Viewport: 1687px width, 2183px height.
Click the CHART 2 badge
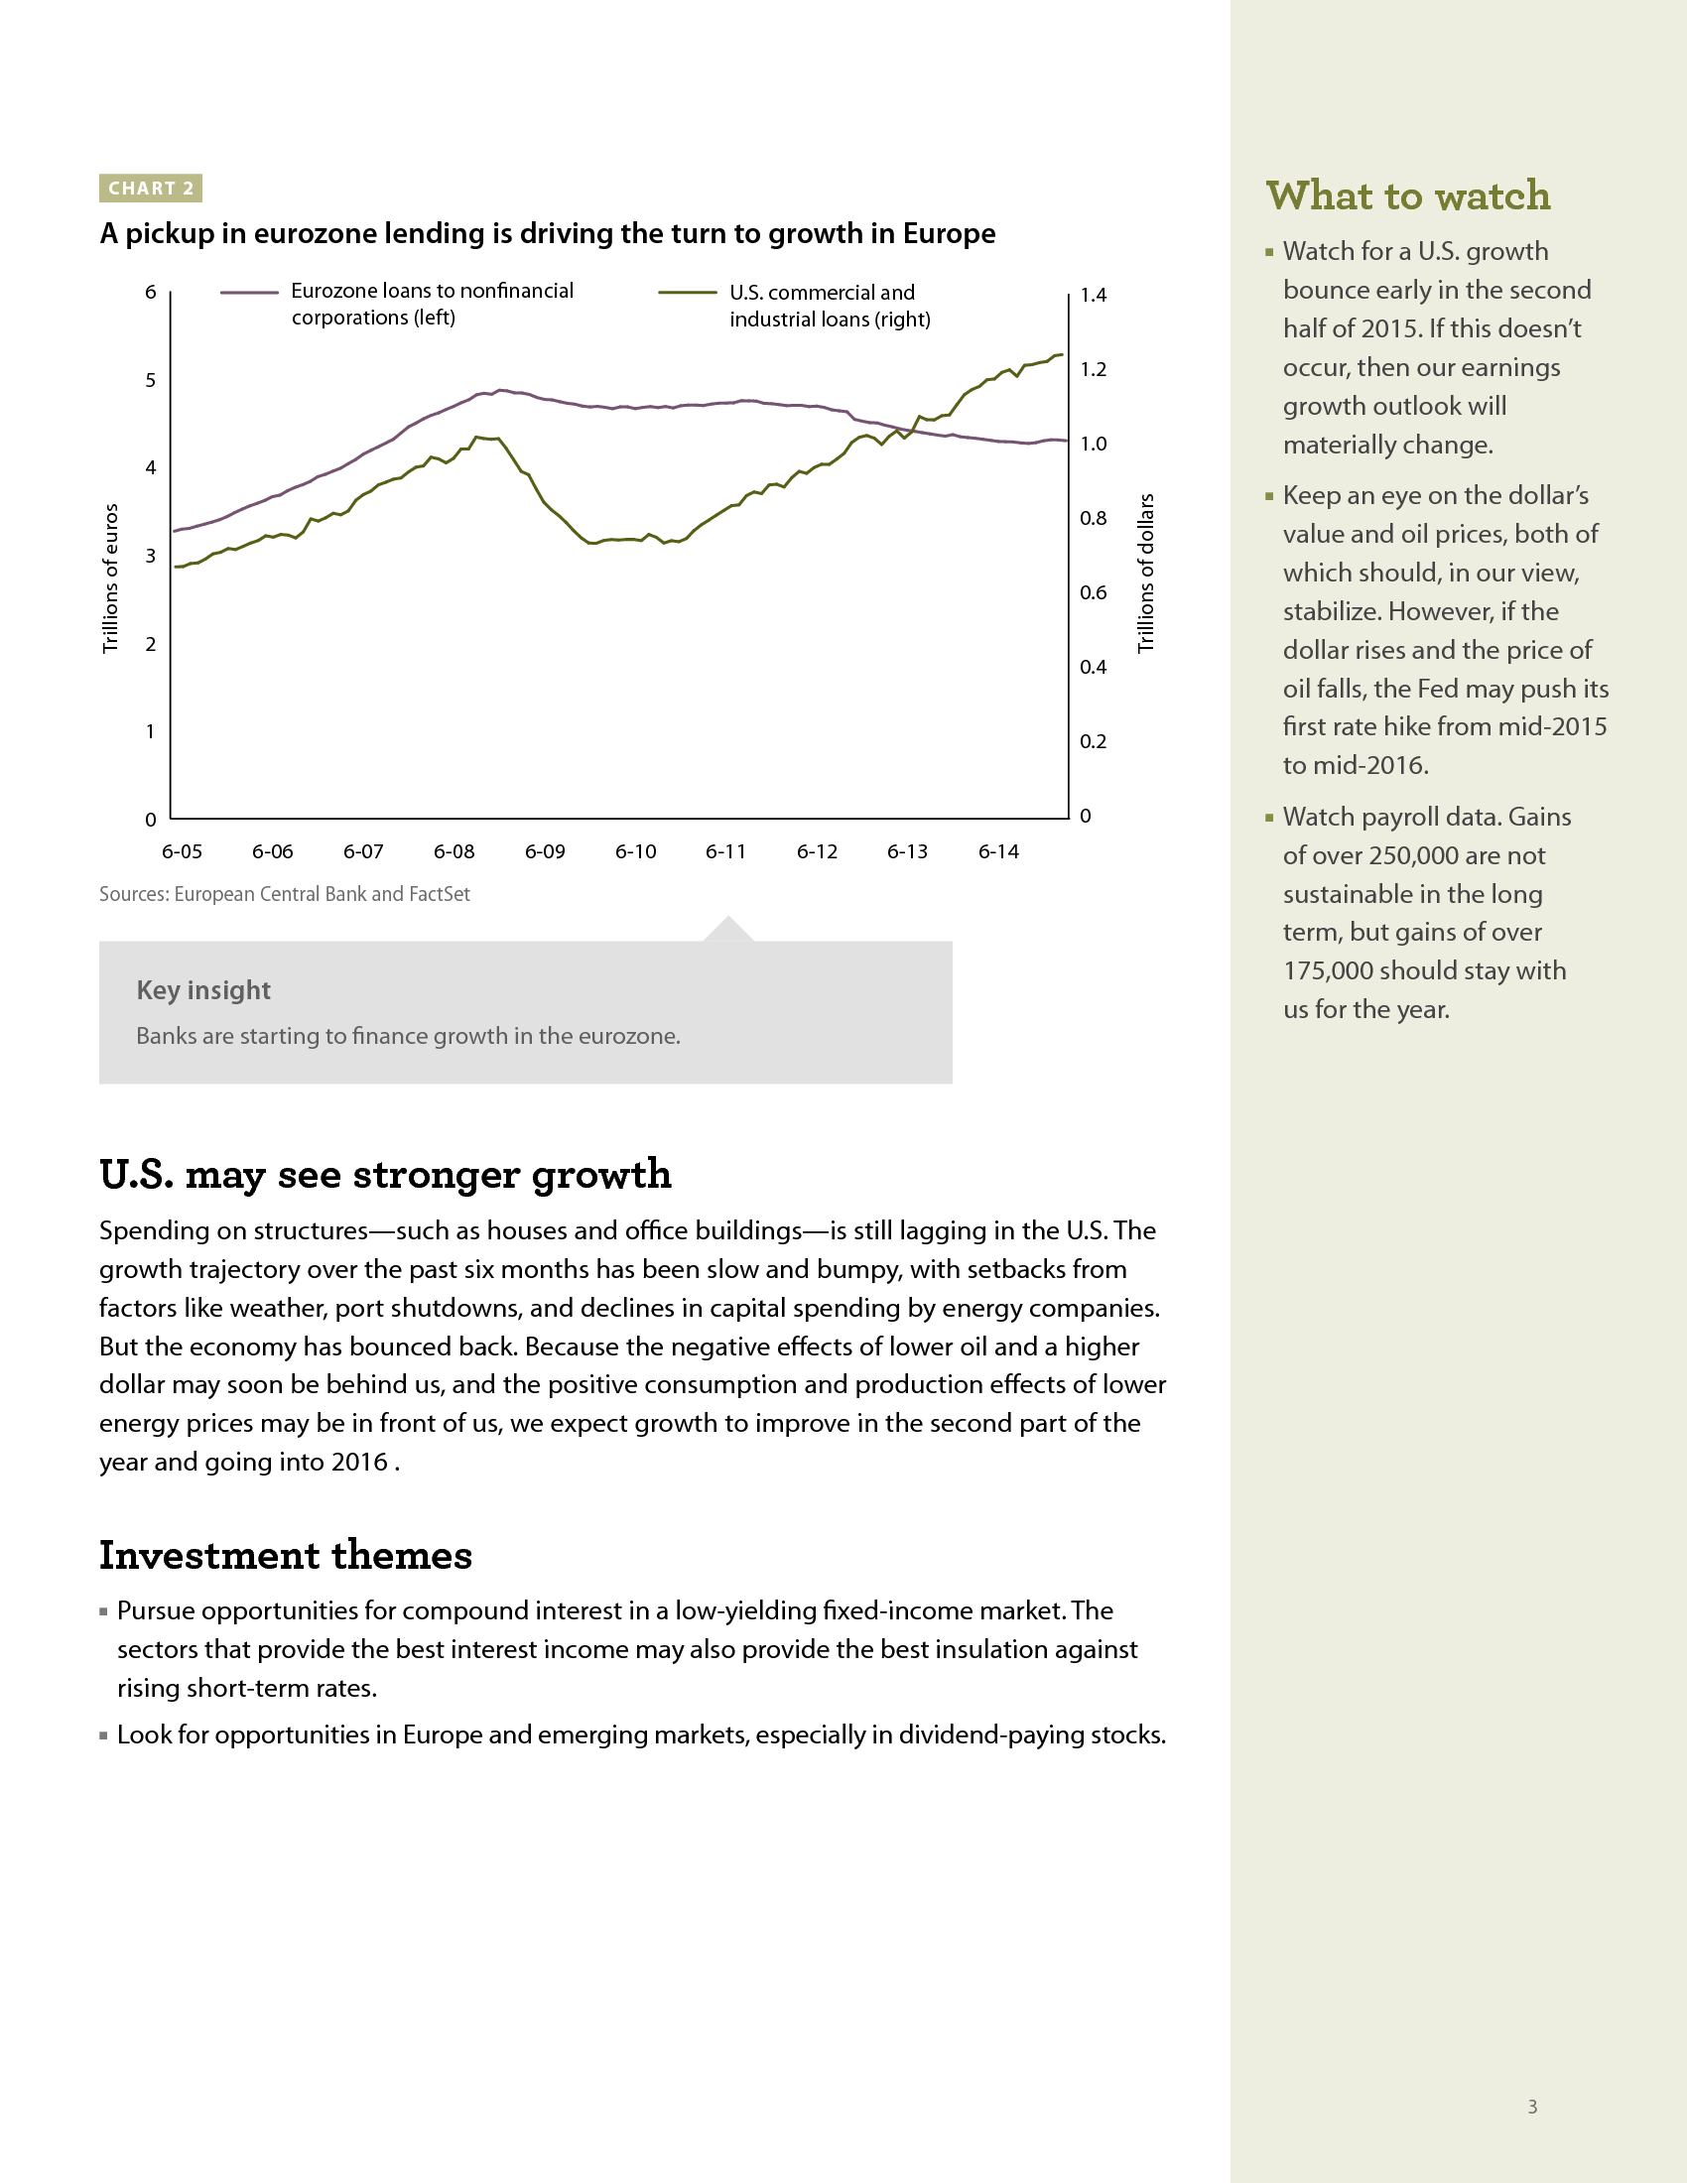151,188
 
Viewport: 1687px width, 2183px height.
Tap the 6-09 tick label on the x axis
545,851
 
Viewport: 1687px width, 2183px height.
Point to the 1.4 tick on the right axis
1094,295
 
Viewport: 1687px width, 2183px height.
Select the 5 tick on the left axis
151,380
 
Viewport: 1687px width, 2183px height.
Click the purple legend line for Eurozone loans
249,293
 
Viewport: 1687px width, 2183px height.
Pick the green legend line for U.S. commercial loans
687,293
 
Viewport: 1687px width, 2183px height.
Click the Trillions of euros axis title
111,578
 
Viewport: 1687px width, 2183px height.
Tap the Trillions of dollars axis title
1146,574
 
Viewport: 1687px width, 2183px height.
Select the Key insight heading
203,990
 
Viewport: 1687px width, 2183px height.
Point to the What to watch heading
1408,195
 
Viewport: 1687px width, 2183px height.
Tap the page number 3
1532,2106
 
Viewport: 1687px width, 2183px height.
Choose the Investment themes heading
286,1555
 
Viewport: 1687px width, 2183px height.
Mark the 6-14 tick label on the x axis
998,851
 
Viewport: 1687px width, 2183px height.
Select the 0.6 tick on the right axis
1094,592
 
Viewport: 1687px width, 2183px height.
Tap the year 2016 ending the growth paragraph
360,1463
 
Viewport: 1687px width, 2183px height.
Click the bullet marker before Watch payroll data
1269,818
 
